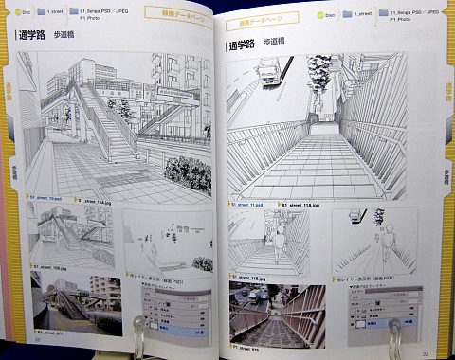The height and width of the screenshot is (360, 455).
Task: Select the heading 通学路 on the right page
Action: pyautogui.click(x=246, y=45)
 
